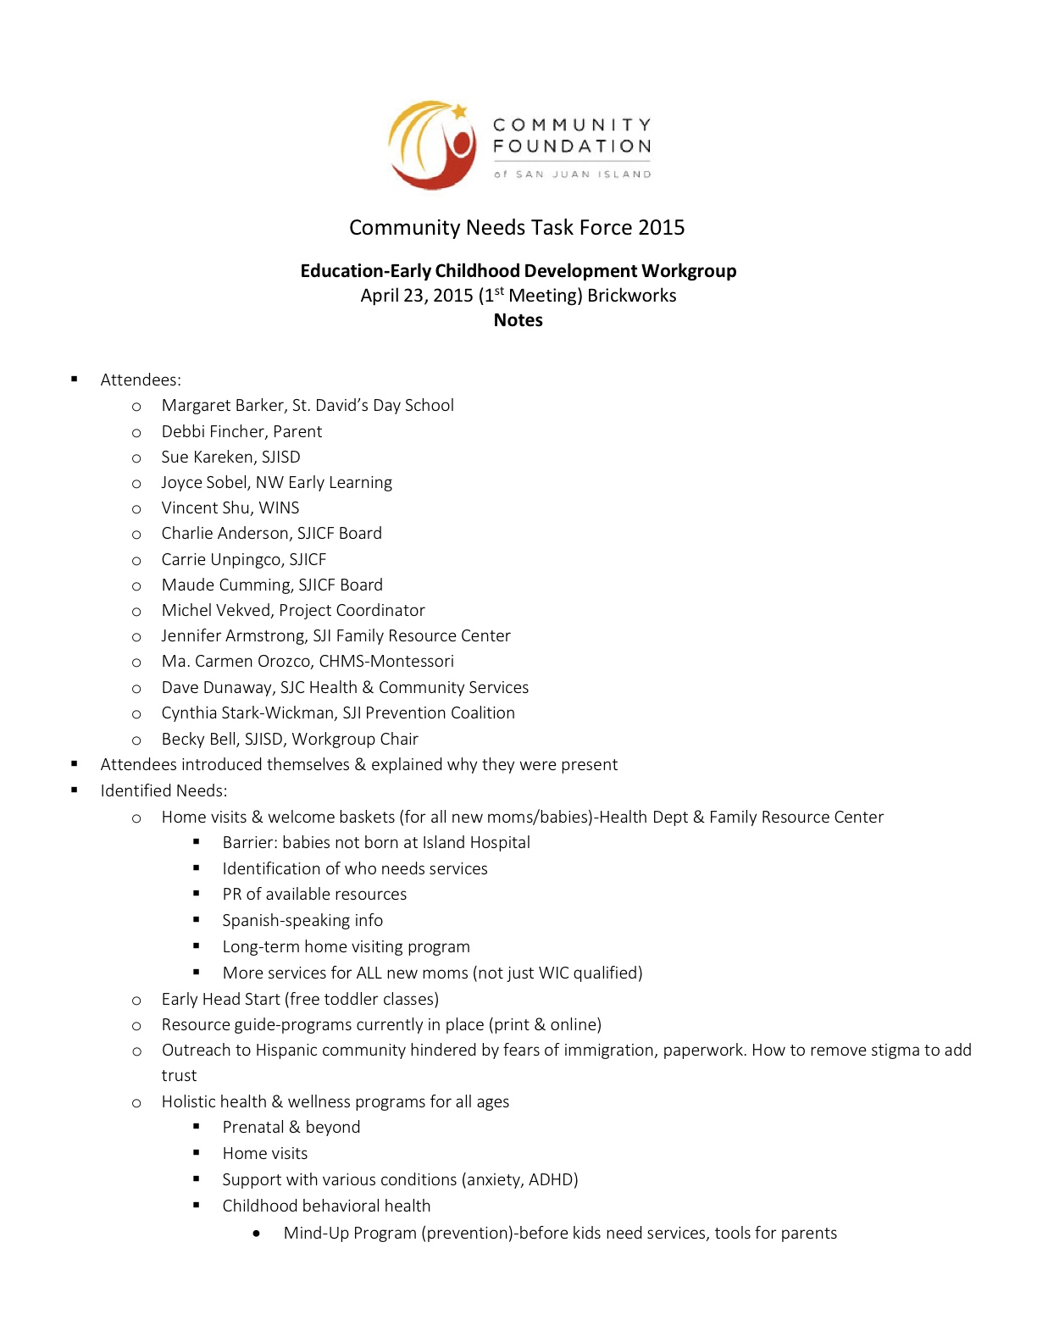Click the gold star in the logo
pyautogui.click(x=460, y=111)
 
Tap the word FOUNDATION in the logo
pyautogui.click(x=572, y=147)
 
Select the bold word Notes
pyautogui.click(x=518, y=320)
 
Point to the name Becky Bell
pyautogui.click(x=197, y=740)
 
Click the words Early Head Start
pyautogui.click(x=220, y=1000)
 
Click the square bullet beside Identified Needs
pyautogui.click(x=75, y=790)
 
